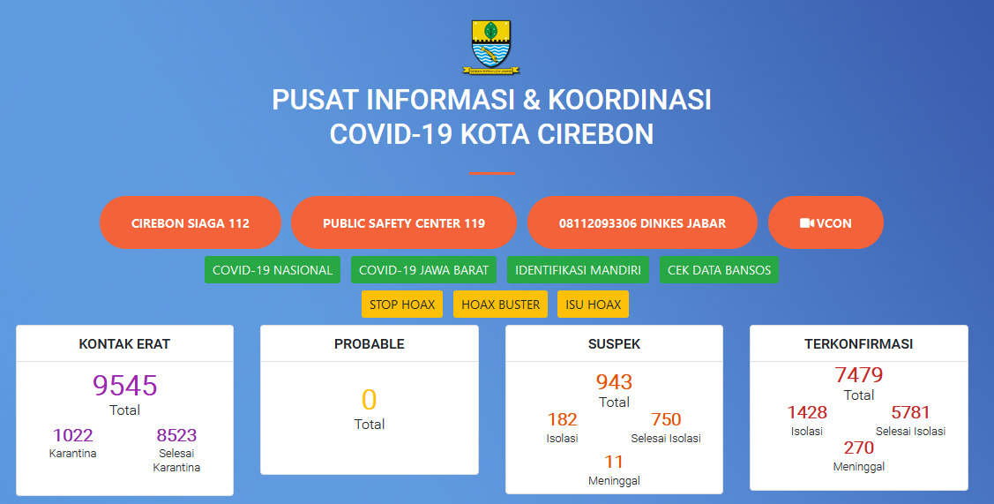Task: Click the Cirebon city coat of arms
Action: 490,47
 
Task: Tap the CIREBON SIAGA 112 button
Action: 191,222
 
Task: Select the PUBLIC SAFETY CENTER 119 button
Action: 404,222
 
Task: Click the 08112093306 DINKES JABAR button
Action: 642,222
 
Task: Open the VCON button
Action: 826,222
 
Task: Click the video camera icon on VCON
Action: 806,222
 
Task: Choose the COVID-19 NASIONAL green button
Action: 273,270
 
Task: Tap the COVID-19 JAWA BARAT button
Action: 423,270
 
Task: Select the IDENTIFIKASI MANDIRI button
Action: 578,270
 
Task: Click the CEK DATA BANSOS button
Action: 719,270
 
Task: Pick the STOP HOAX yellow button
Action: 402,304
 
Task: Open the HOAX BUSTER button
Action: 501,304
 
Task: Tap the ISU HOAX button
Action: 593,304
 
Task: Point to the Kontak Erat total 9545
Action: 125,386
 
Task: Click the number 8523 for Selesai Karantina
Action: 177,435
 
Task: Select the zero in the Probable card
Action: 369,400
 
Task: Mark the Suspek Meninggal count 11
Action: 614,462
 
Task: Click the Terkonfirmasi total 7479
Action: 859,374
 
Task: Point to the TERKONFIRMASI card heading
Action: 859,344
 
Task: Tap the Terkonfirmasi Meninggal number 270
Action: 859,448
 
